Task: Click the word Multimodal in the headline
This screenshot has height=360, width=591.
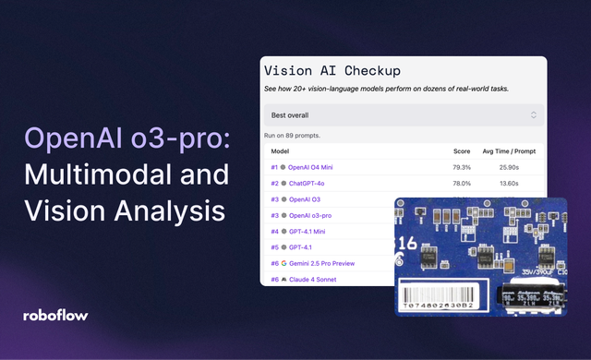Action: (96, 174)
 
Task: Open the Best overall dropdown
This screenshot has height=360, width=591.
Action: (404, 115)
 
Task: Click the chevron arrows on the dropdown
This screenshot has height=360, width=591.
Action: (533, 115)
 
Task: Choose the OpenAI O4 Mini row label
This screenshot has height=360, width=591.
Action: (314, 167)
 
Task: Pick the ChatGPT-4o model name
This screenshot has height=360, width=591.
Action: (309, 184)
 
